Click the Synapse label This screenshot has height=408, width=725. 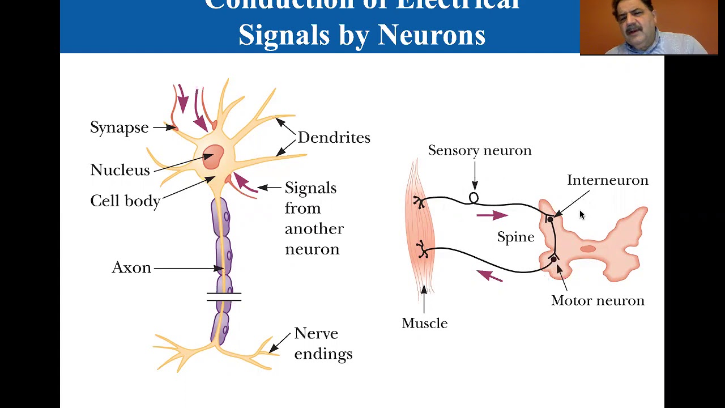(x=120, y=127)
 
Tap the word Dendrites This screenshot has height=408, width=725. (x=334, y=138)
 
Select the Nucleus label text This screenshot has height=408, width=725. (x=120, y=170)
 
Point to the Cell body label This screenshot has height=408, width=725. (x=125, y=201)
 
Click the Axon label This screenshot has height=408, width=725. (x=131, y=267)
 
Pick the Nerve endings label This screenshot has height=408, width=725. (x=323, y=343)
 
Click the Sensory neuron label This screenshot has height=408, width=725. (x=479, y=150)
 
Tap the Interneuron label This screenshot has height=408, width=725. (x=607, y=180)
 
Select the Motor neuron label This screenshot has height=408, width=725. (x=598, y=300)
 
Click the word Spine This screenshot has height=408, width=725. (x=515, y=237)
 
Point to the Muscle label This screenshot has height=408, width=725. (x=424, y=323)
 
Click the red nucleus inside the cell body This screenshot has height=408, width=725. (x=213, y=156)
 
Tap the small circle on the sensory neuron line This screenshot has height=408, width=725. (x=474, y=198)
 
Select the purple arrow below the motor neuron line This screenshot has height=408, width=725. (x=489, y=276)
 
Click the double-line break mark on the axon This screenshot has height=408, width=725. (x=224, y=296)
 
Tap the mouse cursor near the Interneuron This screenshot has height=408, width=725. (x=582, y=215)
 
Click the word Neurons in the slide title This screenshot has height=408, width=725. (x=431, y=35)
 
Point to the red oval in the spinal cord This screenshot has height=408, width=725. (x=588, y=249)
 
